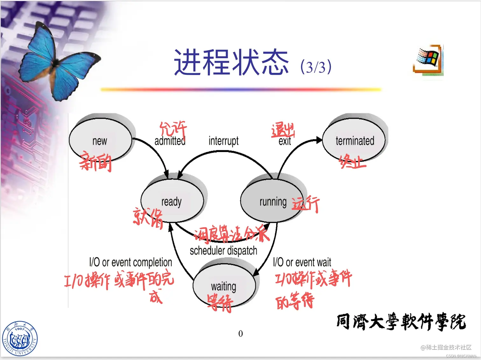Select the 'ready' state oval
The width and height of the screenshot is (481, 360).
click(x=172, y=201)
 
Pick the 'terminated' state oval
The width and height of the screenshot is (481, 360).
click(x=354, y=140)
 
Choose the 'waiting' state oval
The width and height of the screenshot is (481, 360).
click(x=224, y=286)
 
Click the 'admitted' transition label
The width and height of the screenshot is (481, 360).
click(x=170, y=141)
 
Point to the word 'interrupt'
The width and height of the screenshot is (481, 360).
click(x=223, y=141)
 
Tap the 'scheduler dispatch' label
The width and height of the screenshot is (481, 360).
click(x=223, y=251)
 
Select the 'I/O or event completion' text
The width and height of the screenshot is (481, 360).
click(x=130, y=262)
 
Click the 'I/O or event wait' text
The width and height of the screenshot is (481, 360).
click(x=302, y=262)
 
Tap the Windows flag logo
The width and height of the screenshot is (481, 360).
click(x=428, y=60)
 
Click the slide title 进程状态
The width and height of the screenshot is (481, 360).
click(x=231, y=63)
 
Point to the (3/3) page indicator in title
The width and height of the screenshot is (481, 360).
click(x=316, y=67)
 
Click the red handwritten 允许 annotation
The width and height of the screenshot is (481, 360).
click(x=173, y=128)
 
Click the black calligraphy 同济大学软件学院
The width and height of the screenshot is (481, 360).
click(x=401, y=322)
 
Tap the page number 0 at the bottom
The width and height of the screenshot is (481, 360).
click(x=240, y=334)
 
